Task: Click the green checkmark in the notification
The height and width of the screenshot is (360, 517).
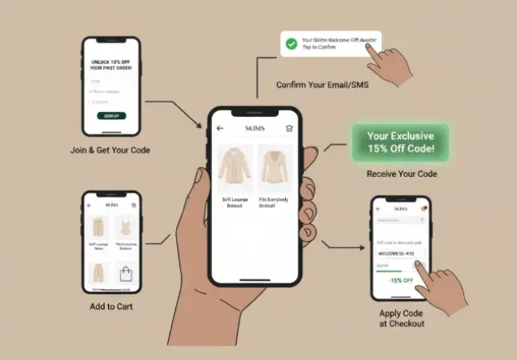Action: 292,42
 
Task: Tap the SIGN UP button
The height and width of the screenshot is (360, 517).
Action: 111,116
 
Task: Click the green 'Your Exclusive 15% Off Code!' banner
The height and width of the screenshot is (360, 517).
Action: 400,142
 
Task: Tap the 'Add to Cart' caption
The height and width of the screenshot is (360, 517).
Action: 111,306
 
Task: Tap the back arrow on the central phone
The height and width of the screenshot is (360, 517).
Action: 220,128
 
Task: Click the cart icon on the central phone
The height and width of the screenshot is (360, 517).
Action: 289,128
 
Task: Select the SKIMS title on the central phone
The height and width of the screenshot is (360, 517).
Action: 255,128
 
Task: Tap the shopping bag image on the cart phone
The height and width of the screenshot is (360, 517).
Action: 125,274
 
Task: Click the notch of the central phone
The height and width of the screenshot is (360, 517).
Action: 254,112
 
